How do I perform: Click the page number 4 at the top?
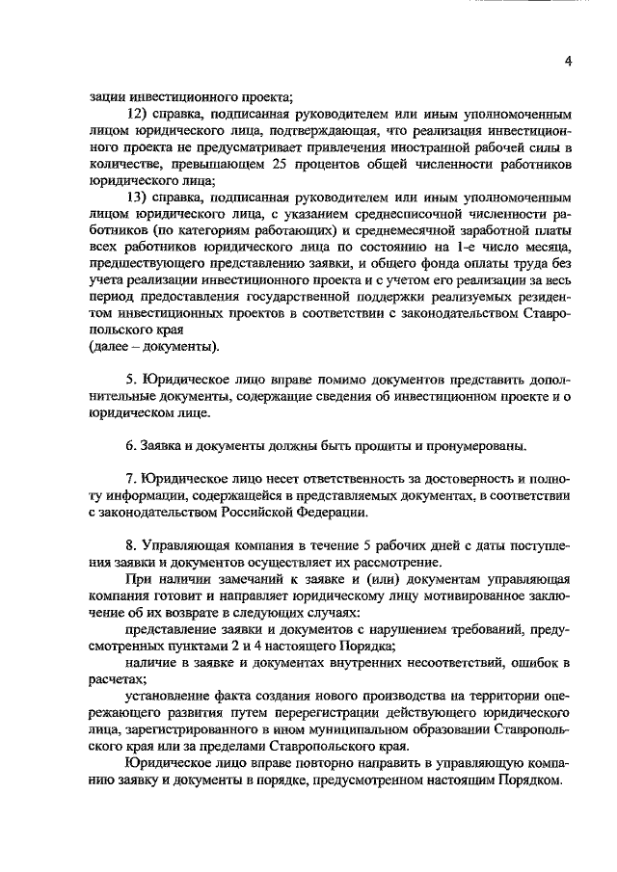tap(569, 61)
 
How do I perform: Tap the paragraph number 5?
tap(133, 380)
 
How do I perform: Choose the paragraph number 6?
tap(133, 446)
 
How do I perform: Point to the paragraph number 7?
tap(133, 479)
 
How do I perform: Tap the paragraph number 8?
tap(133, 545)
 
